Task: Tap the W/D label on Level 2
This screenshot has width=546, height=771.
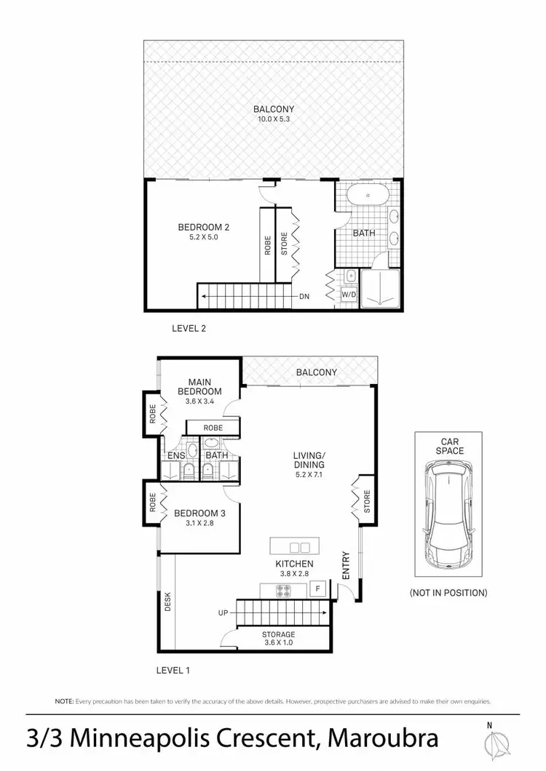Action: click(x=349, y=294)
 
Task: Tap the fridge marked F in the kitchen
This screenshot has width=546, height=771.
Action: click(x=317, y=588)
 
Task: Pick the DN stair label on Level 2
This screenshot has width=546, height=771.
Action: click(x=304, y=297)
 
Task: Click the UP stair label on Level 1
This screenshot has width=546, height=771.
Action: click(x=223, y=614)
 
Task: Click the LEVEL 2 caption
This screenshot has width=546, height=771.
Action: click(x=189, y=328)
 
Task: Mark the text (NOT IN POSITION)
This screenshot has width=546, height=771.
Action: click(x=448, y=593)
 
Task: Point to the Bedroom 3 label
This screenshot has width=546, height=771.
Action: click(x=199, y=513)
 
